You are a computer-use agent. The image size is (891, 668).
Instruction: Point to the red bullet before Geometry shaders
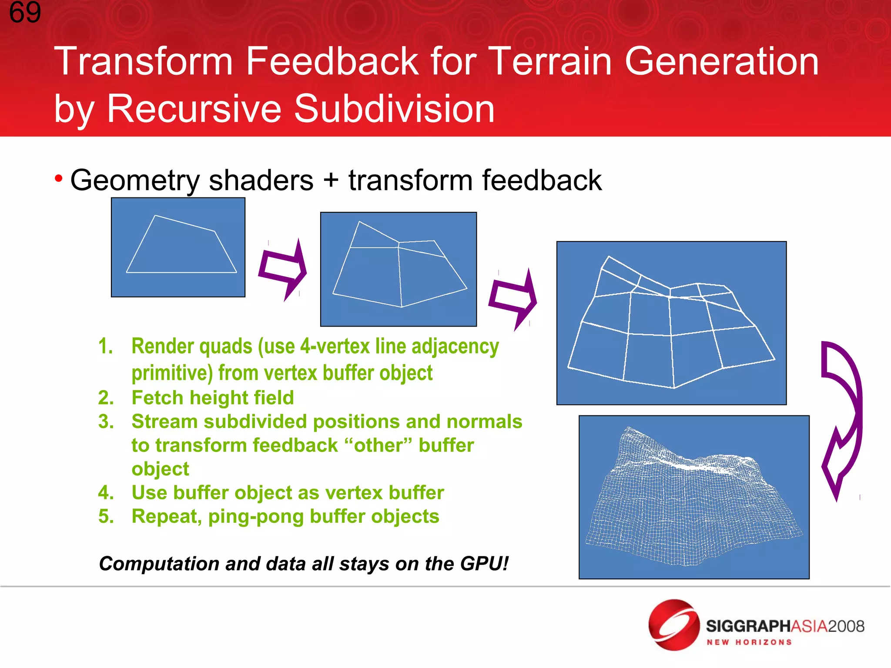(59, 178)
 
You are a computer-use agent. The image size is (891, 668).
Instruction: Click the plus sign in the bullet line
(331, 180)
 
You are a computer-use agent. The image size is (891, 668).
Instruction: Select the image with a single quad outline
(178, 247)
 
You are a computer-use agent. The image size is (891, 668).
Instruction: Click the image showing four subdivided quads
(398, 269)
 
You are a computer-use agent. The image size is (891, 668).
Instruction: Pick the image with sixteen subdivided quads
(671, 323)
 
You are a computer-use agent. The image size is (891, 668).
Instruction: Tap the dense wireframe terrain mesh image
(693, 497)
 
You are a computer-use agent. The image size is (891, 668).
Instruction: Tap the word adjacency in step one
(455, 347)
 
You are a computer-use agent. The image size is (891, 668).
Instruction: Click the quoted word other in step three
(378, 445)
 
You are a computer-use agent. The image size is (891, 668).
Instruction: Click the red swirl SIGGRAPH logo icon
(673, 625)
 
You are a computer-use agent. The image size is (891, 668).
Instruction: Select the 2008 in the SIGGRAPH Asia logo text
(846, 626)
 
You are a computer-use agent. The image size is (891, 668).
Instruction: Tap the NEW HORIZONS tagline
(749, 642)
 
